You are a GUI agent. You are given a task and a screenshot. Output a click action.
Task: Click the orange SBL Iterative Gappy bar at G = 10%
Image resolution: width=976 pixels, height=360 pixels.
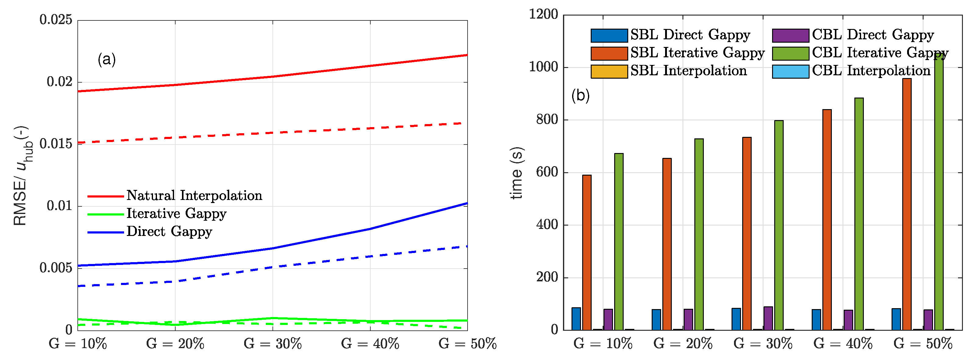tap(586, 252)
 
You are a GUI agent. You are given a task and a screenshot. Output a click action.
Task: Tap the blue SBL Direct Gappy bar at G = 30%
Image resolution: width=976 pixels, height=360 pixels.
tap(736, 319)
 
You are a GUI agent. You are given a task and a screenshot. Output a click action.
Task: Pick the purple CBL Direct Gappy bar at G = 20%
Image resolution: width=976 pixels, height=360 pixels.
tap(688, 319)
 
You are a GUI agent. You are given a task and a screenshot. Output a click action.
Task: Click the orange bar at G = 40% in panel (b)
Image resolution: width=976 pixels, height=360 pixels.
tap(827, 220)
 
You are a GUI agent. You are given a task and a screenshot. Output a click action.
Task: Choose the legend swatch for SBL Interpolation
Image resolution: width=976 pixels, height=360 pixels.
tap(609, 72)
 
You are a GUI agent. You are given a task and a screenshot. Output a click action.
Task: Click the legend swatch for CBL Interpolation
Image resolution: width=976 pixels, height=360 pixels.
tap(790, 72)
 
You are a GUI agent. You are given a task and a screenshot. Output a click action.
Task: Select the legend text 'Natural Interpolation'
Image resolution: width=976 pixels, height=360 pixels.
tap(194, 195)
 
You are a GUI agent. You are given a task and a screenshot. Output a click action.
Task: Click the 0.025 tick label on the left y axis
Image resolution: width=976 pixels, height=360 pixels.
tap(56, 20)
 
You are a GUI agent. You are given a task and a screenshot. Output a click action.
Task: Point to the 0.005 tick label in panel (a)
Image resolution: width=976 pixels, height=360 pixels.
tap(56, 268)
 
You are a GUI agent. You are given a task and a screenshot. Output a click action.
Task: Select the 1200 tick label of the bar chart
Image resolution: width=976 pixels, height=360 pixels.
tap(543, 14)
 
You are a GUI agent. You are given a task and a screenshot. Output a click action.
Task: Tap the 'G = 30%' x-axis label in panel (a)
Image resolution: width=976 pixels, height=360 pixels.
tap(272, 344)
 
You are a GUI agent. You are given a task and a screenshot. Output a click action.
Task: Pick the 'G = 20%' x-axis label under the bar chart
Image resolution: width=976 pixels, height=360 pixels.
tap(683, 344)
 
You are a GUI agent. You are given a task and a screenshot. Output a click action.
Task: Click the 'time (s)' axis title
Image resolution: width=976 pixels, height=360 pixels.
tap(516, 173)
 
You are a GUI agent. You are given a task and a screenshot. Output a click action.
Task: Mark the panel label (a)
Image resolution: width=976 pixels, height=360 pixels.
tap(106, 59)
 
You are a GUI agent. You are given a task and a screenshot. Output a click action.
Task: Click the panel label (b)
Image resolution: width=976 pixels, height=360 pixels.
tap(580, 95)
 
